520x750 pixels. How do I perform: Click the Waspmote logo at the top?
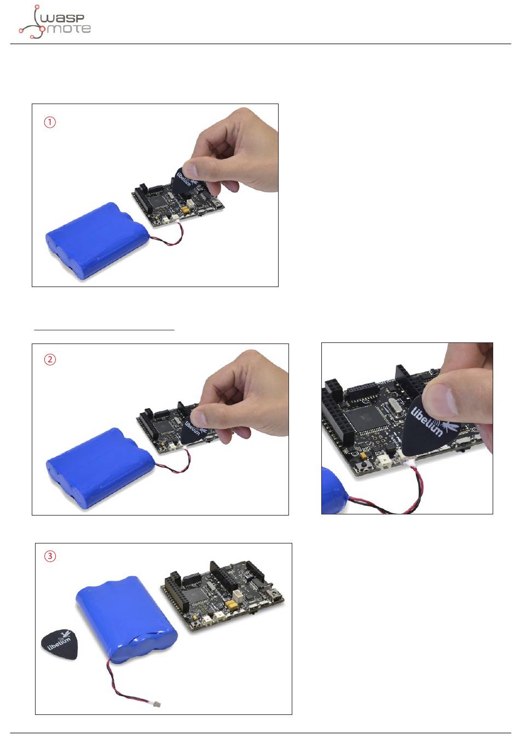55,22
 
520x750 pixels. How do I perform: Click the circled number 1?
50,122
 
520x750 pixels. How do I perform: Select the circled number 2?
50,359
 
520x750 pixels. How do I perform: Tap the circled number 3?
50,556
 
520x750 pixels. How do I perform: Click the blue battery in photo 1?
97,240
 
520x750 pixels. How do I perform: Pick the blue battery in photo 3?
126,619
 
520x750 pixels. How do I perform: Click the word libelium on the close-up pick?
426,421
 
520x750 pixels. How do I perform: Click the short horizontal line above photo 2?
104,330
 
